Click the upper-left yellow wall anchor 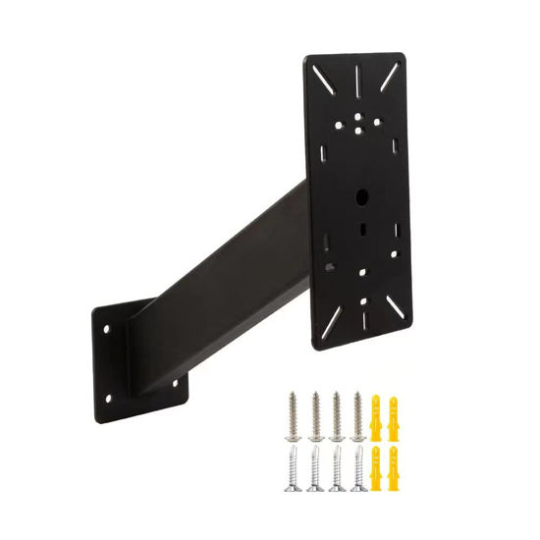(x=377, y=415)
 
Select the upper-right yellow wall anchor (x=396, y=415)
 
